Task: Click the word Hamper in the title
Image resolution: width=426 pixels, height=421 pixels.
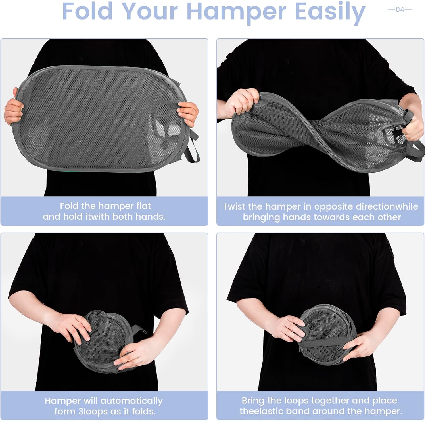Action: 236,12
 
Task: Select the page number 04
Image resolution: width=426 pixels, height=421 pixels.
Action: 400,9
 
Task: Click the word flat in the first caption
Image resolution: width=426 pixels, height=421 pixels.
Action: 144,206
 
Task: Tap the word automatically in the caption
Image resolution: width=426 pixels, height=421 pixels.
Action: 131,401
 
